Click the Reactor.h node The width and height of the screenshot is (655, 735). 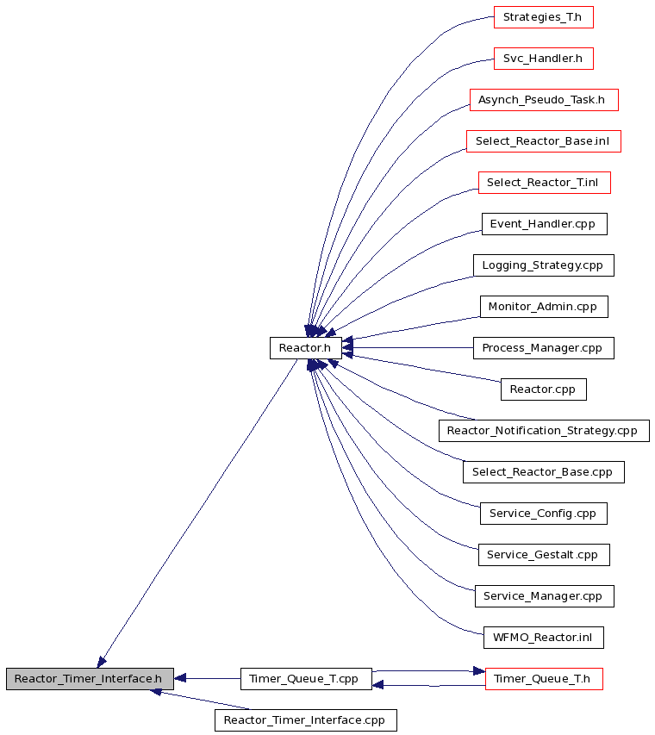tap(306, 348)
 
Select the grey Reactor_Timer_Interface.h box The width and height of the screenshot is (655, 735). tap(90, 679)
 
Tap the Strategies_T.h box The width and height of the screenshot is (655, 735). tap(544, 17)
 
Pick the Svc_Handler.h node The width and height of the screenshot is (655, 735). tap(544, 59)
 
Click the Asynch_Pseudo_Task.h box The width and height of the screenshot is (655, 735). tap(544, 100)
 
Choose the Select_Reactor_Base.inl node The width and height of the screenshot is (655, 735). tap(544, 141)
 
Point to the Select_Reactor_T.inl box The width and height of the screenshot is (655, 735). tap(545, 183)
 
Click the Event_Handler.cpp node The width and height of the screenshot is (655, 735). tap(545, 224)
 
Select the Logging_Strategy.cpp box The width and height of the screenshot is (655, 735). tap(544, 265)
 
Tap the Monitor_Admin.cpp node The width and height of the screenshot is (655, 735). tap(544, 307)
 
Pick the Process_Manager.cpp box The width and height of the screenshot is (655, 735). tap(544, 348)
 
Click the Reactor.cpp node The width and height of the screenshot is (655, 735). tap(544, 389)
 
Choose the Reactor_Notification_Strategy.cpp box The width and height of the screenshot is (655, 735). tap(544, 431)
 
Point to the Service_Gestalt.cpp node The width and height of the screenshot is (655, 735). tap(544, 555)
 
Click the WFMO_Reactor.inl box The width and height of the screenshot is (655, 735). tap(544, 638)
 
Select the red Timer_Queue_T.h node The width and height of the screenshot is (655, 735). tap(544, 679)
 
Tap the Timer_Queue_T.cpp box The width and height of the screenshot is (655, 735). tap(306, 679)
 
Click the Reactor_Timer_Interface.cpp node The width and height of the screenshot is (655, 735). tap(306, 720)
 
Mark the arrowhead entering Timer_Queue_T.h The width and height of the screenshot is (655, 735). tap(479, 671)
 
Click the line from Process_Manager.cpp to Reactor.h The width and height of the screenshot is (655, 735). tap(408, 348)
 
